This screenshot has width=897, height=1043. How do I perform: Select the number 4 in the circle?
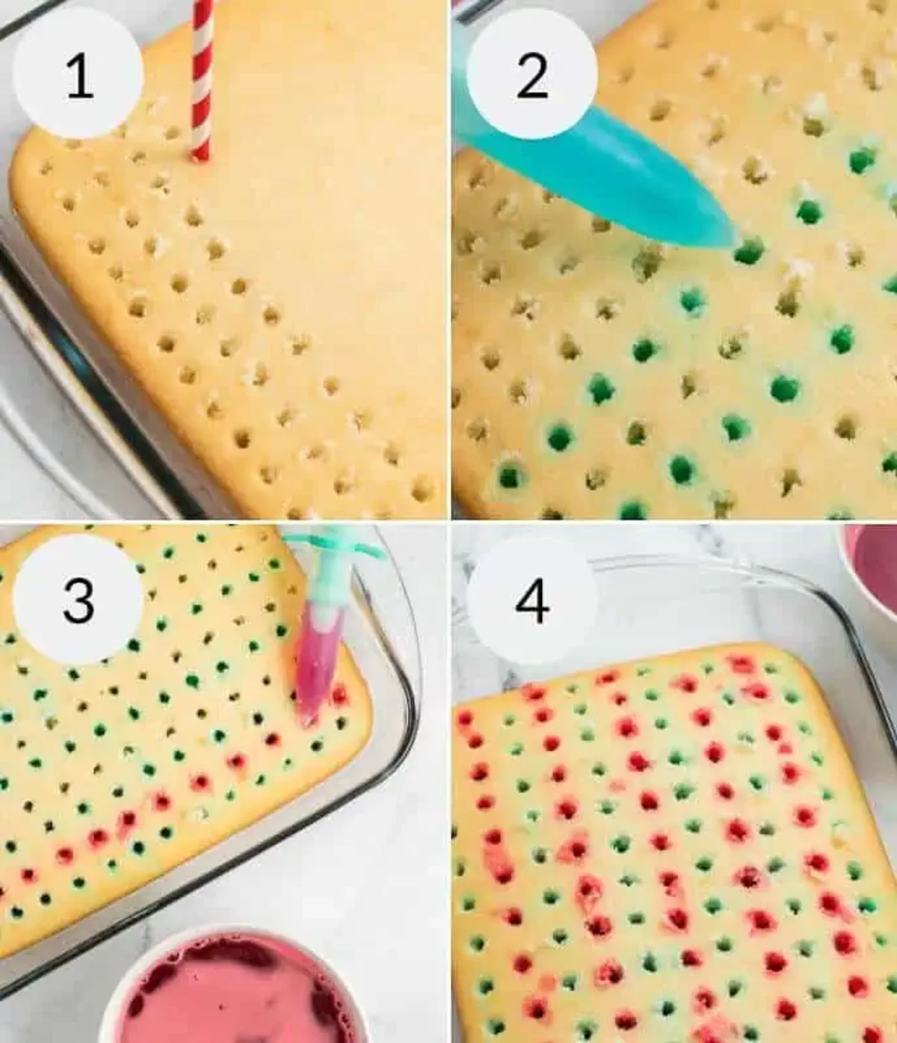point(531,600)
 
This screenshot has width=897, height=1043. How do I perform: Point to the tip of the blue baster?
point(731,241)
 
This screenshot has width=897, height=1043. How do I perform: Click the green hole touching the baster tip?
point(749,251)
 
